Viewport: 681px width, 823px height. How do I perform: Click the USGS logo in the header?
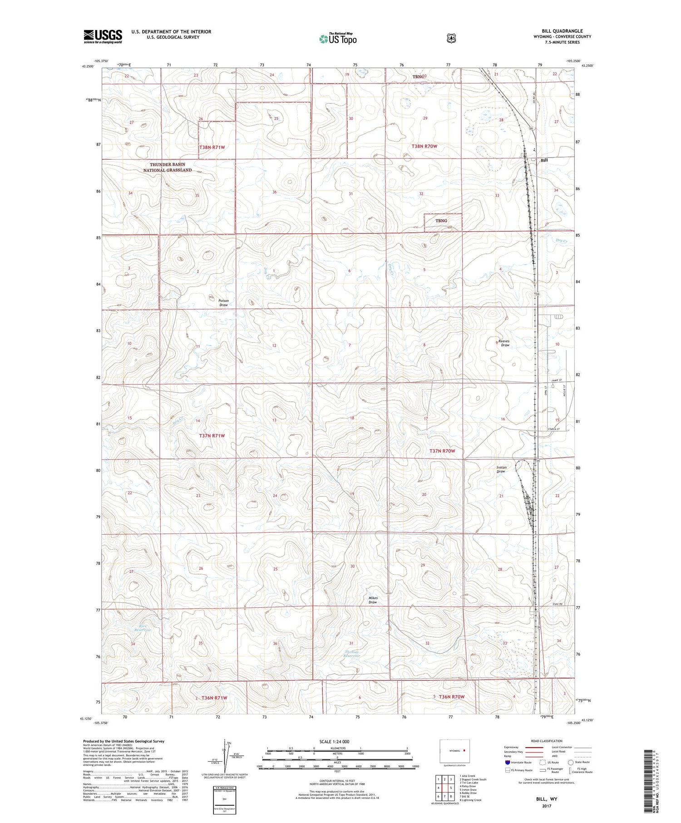point(103,36)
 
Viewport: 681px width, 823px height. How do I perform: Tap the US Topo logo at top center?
point(338,39)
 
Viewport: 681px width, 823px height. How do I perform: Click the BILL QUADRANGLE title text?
point(562,31)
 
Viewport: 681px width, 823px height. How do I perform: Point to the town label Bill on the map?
point(544,160)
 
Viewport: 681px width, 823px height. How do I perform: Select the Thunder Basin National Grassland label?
point(167,167)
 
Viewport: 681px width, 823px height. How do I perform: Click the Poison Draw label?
point(223,303)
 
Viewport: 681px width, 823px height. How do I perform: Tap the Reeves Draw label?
point(504,343)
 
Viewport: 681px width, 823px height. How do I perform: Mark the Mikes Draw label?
point(373,600)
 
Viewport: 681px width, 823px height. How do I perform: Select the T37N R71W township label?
point(212,436)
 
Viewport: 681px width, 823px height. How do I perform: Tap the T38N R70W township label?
point(424,146)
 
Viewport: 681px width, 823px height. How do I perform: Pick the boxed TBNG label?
point(441,221)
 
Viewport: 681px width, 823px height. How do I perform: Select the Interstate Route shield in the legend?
point(508,762)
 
